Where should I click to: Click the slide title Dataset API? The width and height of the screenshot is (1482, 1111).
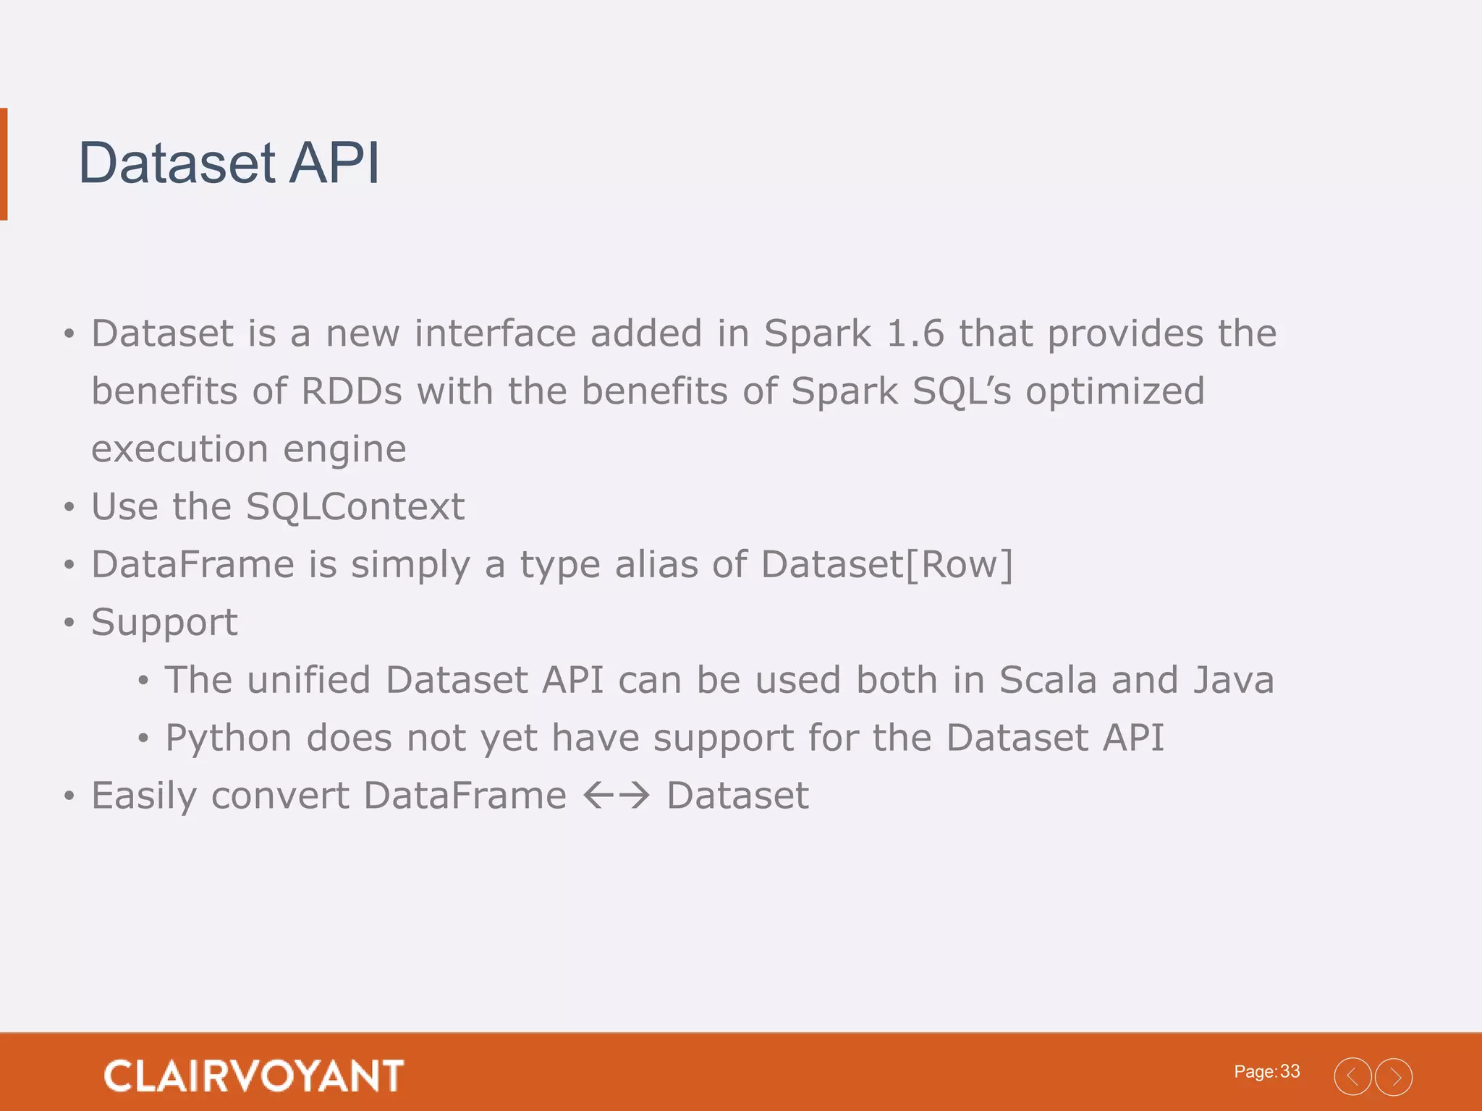tap(229, 163)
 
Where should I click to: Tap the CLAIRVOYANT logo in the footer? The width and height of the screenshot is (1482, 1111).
tap(253, 1076)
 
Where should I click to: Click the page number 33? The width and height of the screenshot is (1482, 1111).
tap(1290, 1071)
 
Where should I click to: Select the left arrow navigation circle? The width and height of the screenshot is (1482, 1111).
tap(1352, 1077)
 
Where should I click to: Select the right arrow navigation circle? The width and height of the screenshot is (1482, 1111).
tap(1394, 1077)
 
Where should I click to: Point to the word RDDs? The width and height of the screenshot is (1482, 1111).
tap(351, 391)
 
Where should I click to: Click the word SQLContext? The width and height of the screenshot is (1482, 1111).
tap(355, 506)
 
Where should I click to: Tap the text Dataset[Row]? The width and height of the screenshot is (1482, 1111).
tap(886, 564)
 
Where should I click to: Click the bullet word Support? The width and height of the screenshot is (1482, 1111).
tap(164, 622)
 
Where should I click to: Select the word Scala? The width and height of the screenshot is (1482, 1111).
tap(1047, 680)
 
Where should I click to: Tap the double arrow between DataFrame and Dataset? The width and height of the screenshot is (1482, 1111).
tap(617, 796)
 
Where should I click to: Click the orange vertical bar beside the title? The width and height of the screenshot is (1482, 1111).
tap(4, 163)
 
